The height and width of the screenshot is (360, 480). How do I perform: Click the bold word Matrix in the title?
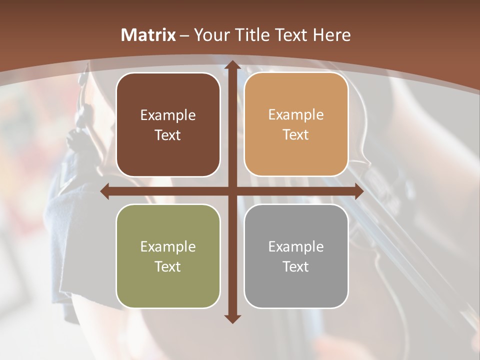(x=148, y=35)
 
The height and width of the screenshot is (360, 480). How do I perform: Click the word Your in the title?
(x=210, y=35)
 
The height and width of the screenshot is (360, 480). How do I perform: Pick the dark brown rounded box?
(x=168, y=124)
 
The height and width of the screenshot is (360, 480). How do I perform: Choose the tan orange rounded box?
(x=296, y=124)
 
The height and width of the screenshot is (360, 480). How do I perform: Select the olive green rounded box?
(x=168, y=256)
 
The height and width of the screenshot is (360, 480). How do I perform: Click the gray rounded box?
(x=296, y=256)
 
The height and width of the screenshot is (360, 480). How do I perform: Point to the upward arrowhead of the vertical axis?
(x=232, y=65)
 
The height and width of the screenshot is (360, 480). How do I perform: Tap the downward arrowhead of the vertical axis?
(x=232, y=318)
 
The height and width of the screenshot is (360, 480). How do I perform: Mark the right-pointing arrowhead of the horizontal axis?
(x=358, y=191)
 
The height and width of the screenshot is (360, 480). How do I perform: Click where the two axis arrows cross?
(x=232, y=191)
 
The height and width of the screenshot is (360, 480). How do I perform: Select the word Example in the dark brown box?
(x=168, y=115)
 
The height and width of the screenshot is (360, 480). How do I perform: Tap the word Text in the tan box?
(x=296, y=135)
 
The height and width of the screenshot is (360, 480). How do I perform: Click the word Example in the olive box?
(x=168, y=247)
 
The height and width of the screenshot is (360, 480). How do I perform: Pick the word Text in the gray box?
(x=296, y=267)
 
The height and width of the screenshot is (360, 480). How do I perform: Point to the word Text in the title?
(x=290, y=35)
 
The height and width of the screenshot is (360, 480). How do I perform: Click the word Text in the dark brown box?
(x=168, y=135)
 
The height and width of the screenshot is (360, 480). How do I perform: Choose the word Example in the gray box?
(x=296, y=247)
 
